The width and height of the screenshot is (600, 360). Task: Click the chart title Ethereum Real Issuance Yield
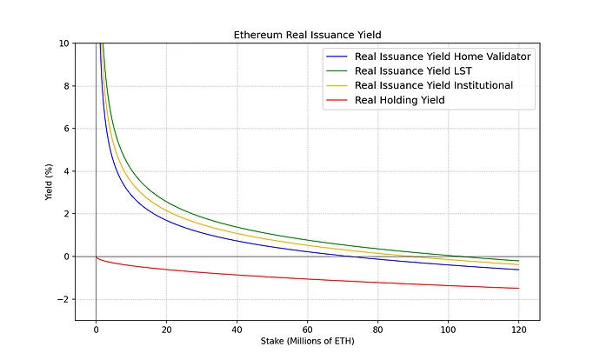click(x=307, y=36)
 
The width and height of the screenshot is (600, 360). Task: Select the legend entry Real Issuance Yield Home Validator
click(x=443, y=57)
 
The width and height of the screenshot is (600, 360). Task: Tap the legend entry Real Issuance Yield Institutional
click(x=433, y=85)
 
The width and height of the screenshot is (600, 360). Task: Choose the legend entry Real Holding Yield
click(x=401, y=100)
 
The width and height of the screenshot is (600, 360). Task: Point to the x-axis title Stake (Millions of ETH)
click(x=307, y=340)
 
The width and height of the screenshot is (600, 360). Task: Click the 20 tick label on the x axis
click(x=166, y=329)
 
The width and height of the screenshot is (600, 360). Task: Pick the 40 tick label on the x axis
click(x=237, y=329)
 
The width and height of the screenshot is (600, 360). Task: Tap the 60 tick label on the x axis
click(x=307, y=329)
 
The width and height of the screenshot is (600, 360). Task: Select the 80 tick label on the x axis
click(x=377, y=329)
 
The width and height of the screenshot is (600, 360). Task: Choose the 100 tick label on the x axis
click(x=448, y=329)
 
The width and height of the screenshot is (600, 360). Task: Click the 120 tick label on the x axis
click(x=518, y=329)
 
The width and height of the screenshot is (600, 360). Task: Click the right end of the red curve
click(x=518, y=288)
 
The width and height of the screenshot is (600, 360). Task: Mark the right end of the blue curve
click(x=518, y=270)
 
